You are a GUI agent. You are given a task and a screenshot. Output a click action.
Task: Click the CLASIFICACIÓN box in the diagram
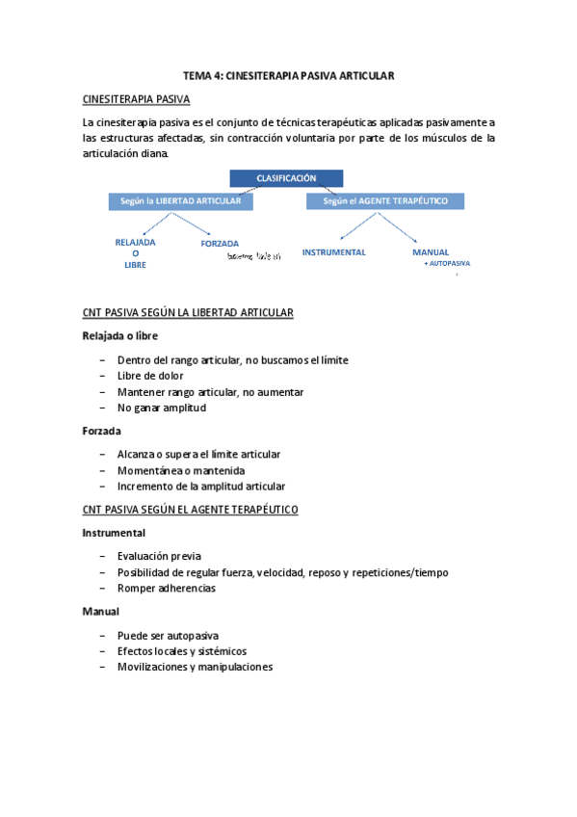[x=285, y=178]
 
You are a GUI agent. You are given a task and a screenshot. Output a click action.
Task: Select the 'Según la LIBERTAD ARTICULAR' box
[x=181, y=200]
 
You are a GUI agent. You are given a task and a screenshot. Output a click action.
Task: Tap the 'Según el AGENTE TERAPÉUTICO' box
[x=385, y=200]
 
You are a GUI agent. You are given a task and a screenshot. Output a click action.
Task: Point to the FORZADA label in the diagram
[x=220, y=245]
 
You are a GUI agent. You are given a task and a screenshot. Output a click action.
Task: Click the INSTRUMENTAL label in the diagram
[x=334, y=251]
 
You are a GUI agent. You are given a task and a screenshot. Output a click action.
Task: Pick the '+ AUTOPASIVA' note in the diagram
[x=447, y=263]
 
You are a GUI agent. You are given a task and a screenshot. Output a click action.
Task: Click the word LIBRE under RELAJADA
[x=136, y=265]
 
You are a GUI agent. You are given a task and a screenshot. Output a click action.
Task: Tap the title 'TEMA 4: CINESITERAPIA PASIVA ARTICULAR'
[x=290, y=75]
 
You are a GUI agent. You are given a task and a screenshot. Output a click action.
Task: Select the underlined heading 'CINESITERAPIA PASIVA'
[x=137, y=99]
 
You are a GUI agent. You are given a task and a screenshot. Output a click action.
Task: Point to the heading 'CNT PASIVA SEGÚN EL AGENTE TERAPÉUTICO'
[x=191, y=509]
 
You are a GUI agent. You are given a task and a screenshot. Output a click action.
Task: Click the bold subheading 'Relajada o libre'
[x=119, y=335]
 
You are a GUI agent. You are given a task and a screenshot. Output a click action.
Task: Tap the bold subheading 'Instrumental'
[x=114, y=532]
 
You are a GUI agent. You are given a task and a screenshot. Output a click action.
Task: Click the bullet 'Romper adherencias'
[x=167, y=588]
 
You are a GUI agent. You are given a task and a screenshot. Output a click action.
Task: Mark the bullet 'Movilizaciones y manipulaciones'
[x=195, y=667]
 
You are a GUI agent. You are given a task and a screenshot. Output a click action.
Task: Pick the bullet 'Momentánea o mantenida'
[x=180, y=470]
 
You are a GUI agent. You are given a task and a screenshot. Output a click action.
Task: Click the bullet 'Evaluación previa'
[x=159, y=556]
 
